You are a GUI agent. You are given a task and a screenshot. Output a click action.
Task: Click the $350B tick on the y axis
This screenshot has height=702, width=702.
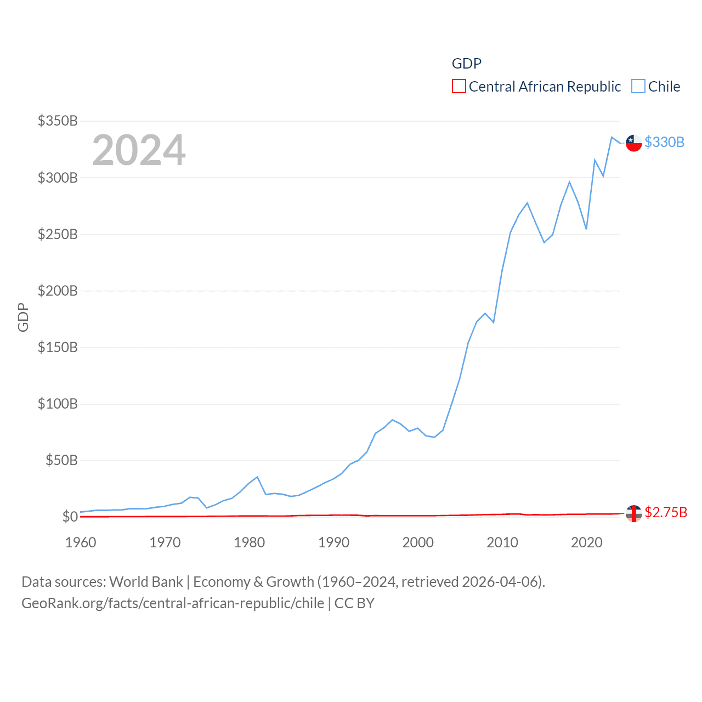(58, 121)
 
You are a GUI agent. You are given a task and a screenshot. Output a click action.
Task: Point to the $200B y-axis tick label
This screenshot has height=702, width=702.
(58, 291)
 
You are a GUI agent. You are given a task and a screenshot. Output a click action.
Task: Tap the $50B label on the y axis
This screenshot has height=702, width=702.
(61, 460)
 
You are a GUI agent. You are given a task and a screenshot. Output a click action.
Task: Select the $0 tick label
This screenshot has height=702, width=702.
(70, 517)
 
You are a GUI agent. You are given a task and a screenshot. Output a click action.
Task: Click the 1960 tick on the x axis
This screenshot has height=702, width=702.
(81, 542)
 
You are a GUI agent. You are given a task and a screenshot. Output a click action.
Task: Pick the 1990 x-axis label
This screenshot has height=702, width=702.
(333, 542)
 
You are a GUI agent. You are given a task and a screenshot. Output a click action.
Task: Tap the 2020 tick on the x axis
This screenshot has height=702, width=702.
(586, 542)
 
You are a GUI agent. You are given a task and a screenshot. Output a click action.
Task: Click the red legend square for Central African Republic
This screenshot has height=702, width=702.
(459, 87)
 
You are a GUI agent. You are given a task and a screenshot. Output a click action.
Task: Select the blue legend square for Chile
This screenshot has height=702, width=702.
(638, 87)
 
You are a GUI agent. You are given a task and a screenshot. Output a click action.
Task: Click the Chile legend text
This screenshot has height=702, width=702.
(664, 87)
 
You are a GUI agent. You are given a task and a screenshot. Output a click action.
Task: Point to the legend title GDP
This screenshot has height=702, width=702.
(467, 64)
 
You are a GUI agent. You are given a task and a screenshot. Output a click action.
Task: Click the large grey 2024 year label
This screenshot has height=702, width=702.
(139, 150)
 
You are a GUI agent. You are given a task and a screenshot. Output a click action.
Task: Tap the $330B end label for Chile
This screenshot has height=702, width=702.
(664, 142)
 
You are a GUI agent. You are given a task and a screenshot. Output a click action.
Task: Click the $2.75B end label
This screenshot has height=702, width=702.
(665, 512)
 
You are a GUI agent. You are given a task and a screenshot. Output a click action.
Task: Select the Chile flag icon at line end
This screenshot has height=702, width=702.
(634, 143)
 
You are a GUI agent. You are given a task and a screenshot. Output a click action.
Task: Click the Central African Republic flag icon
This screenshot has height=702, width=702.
(634, 513)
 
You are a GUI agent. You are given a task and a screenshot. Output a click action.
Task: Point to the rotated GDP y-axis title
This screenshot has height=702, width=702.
(23, 317)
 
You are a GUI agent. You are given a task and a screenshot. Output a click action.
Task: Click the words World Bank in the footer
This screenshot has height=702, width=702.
(146, 581)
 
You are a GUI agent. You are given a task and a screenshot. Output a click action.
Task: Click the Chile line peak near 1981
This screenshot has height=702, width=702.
(257, 477)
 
